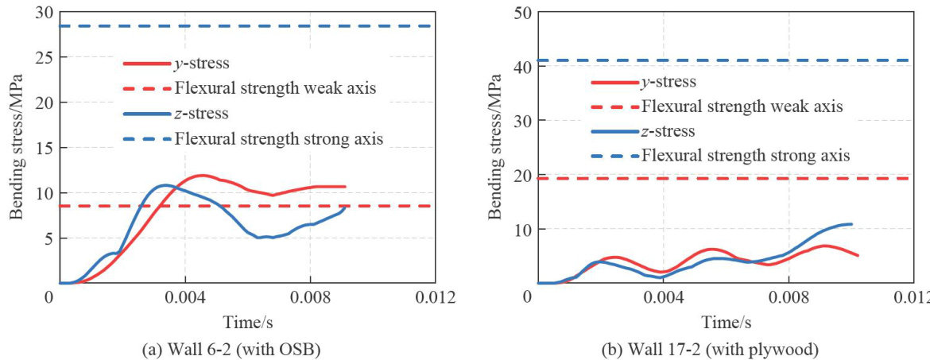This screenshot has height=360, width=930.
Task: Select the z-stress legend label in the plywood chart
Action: (669, 131)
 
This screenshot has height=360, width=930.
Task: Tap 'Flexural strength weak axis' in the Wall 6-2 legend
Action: (275, 88)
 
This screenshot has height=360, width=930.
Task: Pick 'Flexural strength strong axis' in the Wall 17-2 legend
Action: (746, 156)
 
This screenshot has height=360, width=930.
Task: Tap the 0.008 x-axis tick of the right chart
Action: (788, 297)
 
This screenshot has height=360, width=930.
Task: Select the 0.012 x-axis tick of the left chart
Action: (435, 297)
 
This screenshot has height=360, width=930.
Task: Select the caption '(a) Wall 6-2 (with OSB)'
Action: (241, 346)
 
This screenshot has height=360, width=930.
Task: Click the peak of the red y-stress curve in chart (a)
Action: (201, 175)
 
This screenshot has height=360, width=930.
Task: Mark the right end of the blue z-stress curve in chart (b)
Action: (851, 224)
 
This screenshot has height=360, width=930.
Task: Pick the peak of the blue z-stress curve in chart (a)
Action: (165, 185)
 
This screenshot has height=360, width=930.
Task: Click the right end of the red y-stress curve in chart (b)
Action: (858, 255)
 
